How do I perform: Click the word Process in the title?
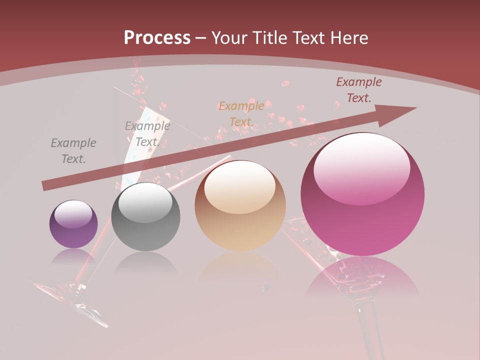(157, 38)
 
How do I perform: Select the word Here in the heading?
(349, 38)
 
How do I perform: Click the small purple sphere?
(73, 224)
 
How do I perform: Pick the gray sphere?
(145, 216)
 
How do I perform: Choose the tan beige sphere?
(240, 205)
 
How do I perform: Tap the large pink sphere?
(362, 194)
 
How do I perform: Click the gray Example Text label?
(73, 151)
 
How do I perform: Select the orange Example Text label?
(241, 114)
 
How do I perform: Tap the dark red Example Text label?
(358, 90)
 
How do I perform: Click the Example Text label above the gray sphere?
(147, 134)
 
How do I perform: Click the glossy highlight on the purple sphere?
(73, 213)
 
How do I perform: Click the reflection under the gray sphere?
(145, 262)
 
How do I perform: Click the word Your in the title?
(230, 38)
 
